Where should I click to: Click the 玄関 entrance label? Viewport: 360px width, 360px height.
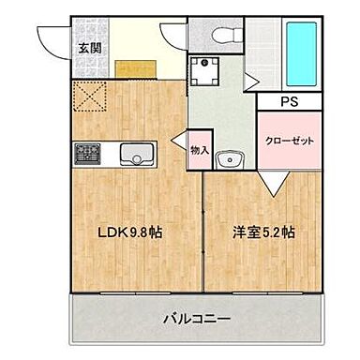90,47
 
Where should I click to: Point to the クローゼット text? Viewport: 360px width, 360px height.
288,140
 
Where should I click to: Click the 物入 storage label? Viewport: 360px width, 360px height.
200,150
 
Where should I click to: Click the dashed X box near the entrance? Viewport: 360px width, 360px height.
91,97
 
